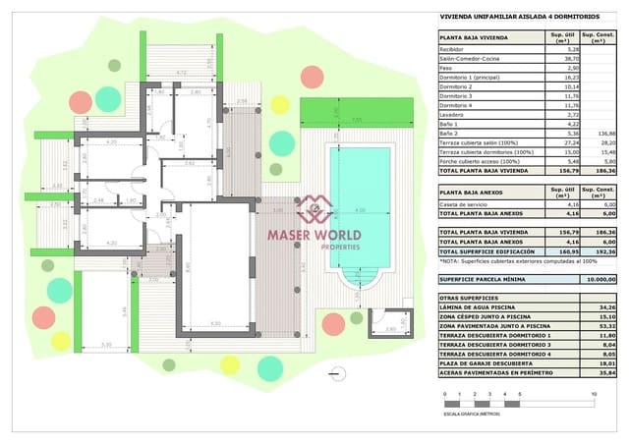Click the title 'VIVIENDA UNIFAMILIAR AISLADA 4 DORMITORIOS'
[504, 17]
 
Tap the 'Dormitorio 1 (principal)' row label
[471, 77]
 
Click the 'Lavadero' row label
[452, 115]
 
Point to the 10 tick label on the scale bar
[594, 394]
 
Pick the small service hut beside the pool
[391, 325]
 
